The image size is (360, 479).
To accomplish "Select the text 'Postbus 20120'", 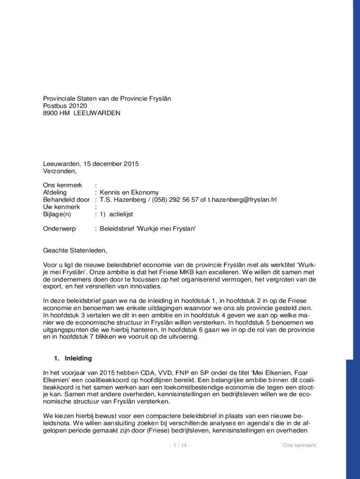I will coord(65,106).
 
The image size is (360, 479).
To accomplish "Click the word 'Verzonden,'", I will coord(59,171).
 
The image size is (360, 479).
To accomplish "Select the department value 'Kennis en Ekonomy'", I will coord(129,192).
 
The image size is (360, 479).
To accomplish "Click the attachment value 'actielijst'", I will coord(122,214).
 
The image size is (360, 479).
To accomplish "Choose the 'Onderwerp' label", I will coord(59,229).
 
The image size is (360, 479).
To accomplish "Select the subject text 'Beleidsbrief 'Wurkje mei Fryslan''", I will coord(148,229).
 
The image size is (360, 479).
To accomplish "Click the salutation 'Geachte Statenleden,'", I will coord(75,250).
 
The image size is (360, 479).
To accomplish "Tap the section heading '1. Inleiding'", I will coord(73,359).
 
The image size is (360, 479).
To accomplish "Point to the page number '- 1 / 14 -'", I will coord(180,445).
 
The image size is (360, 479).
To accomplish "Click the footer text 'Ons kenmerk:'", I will coord(300,445).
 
